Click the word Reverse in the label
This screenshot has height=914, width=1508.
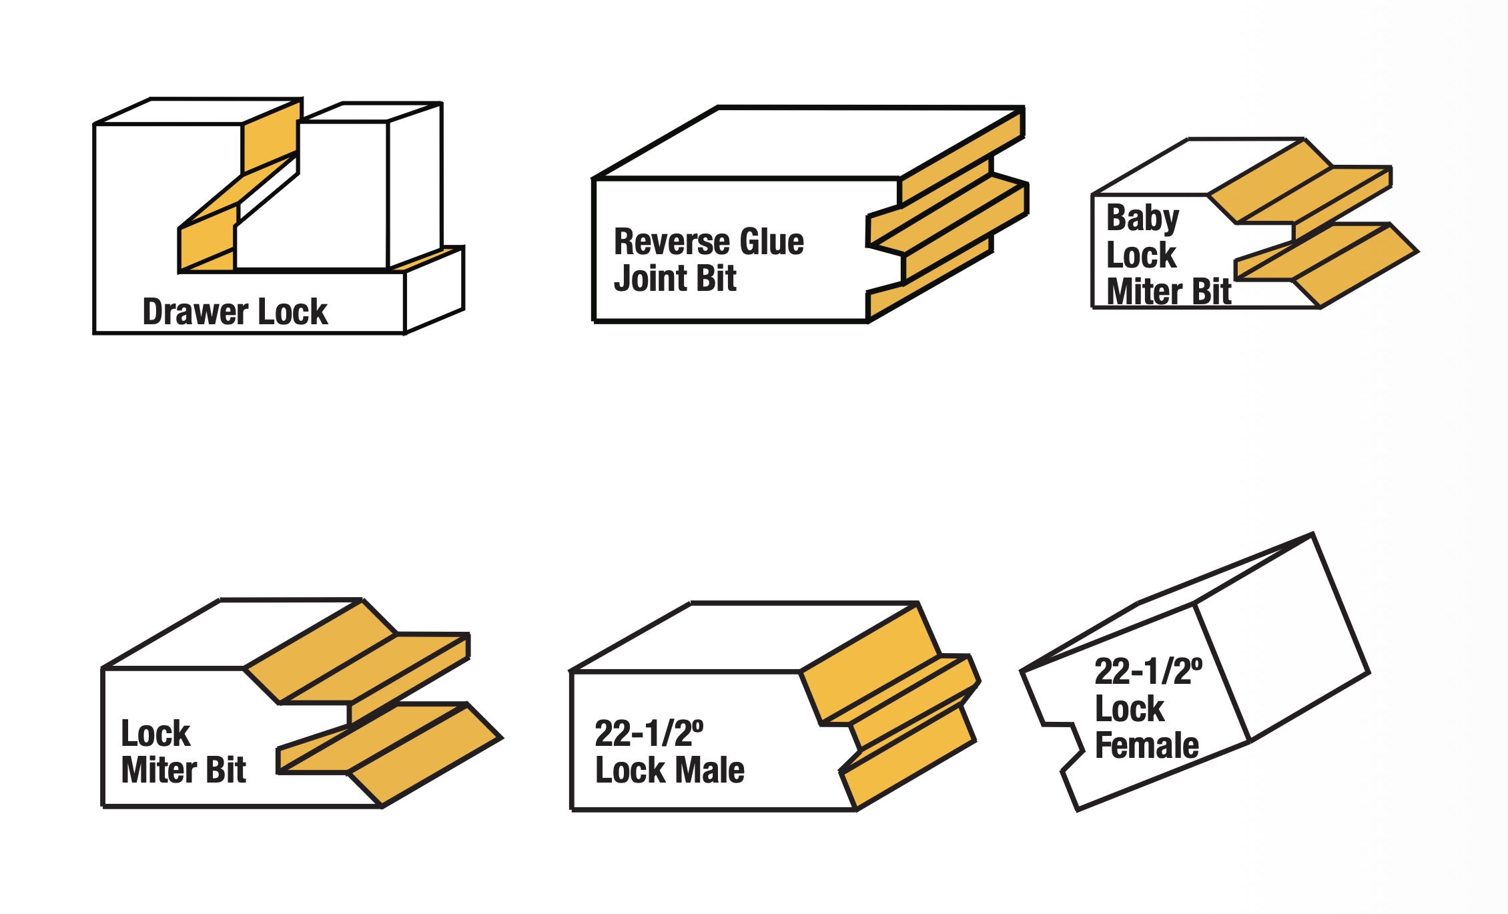tap(672, 242)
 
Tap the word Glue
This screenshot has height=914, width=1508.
tap(772, 242)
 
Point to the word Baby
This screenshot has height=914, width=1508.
tap(1142, 219)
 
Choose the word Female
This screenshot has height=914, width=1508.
tap(1146, 745)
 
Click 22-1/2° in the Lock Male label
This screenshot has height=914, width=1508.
tap(649, 733)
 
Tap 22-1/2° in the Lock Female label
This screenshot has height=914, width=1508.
tap(1148, 671)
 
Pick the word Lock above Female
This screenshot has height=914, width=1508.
tap(1129, 709)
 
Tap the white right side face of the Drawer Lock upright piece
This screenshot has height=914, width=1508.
tap(414, 185)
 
